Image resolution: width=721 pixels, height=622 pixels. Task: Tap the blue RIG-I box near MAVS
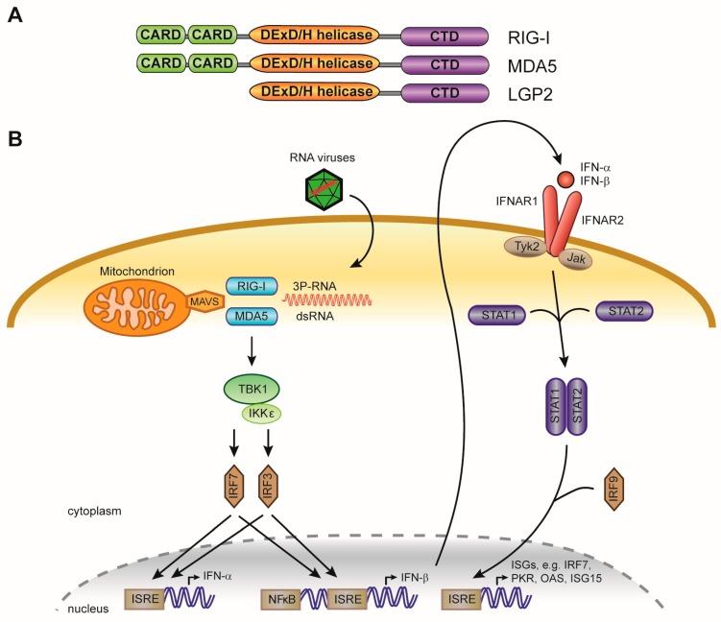[x=251, y=286]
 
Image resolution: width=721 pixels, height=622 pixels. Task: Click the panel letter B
[x=16, y=139]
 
